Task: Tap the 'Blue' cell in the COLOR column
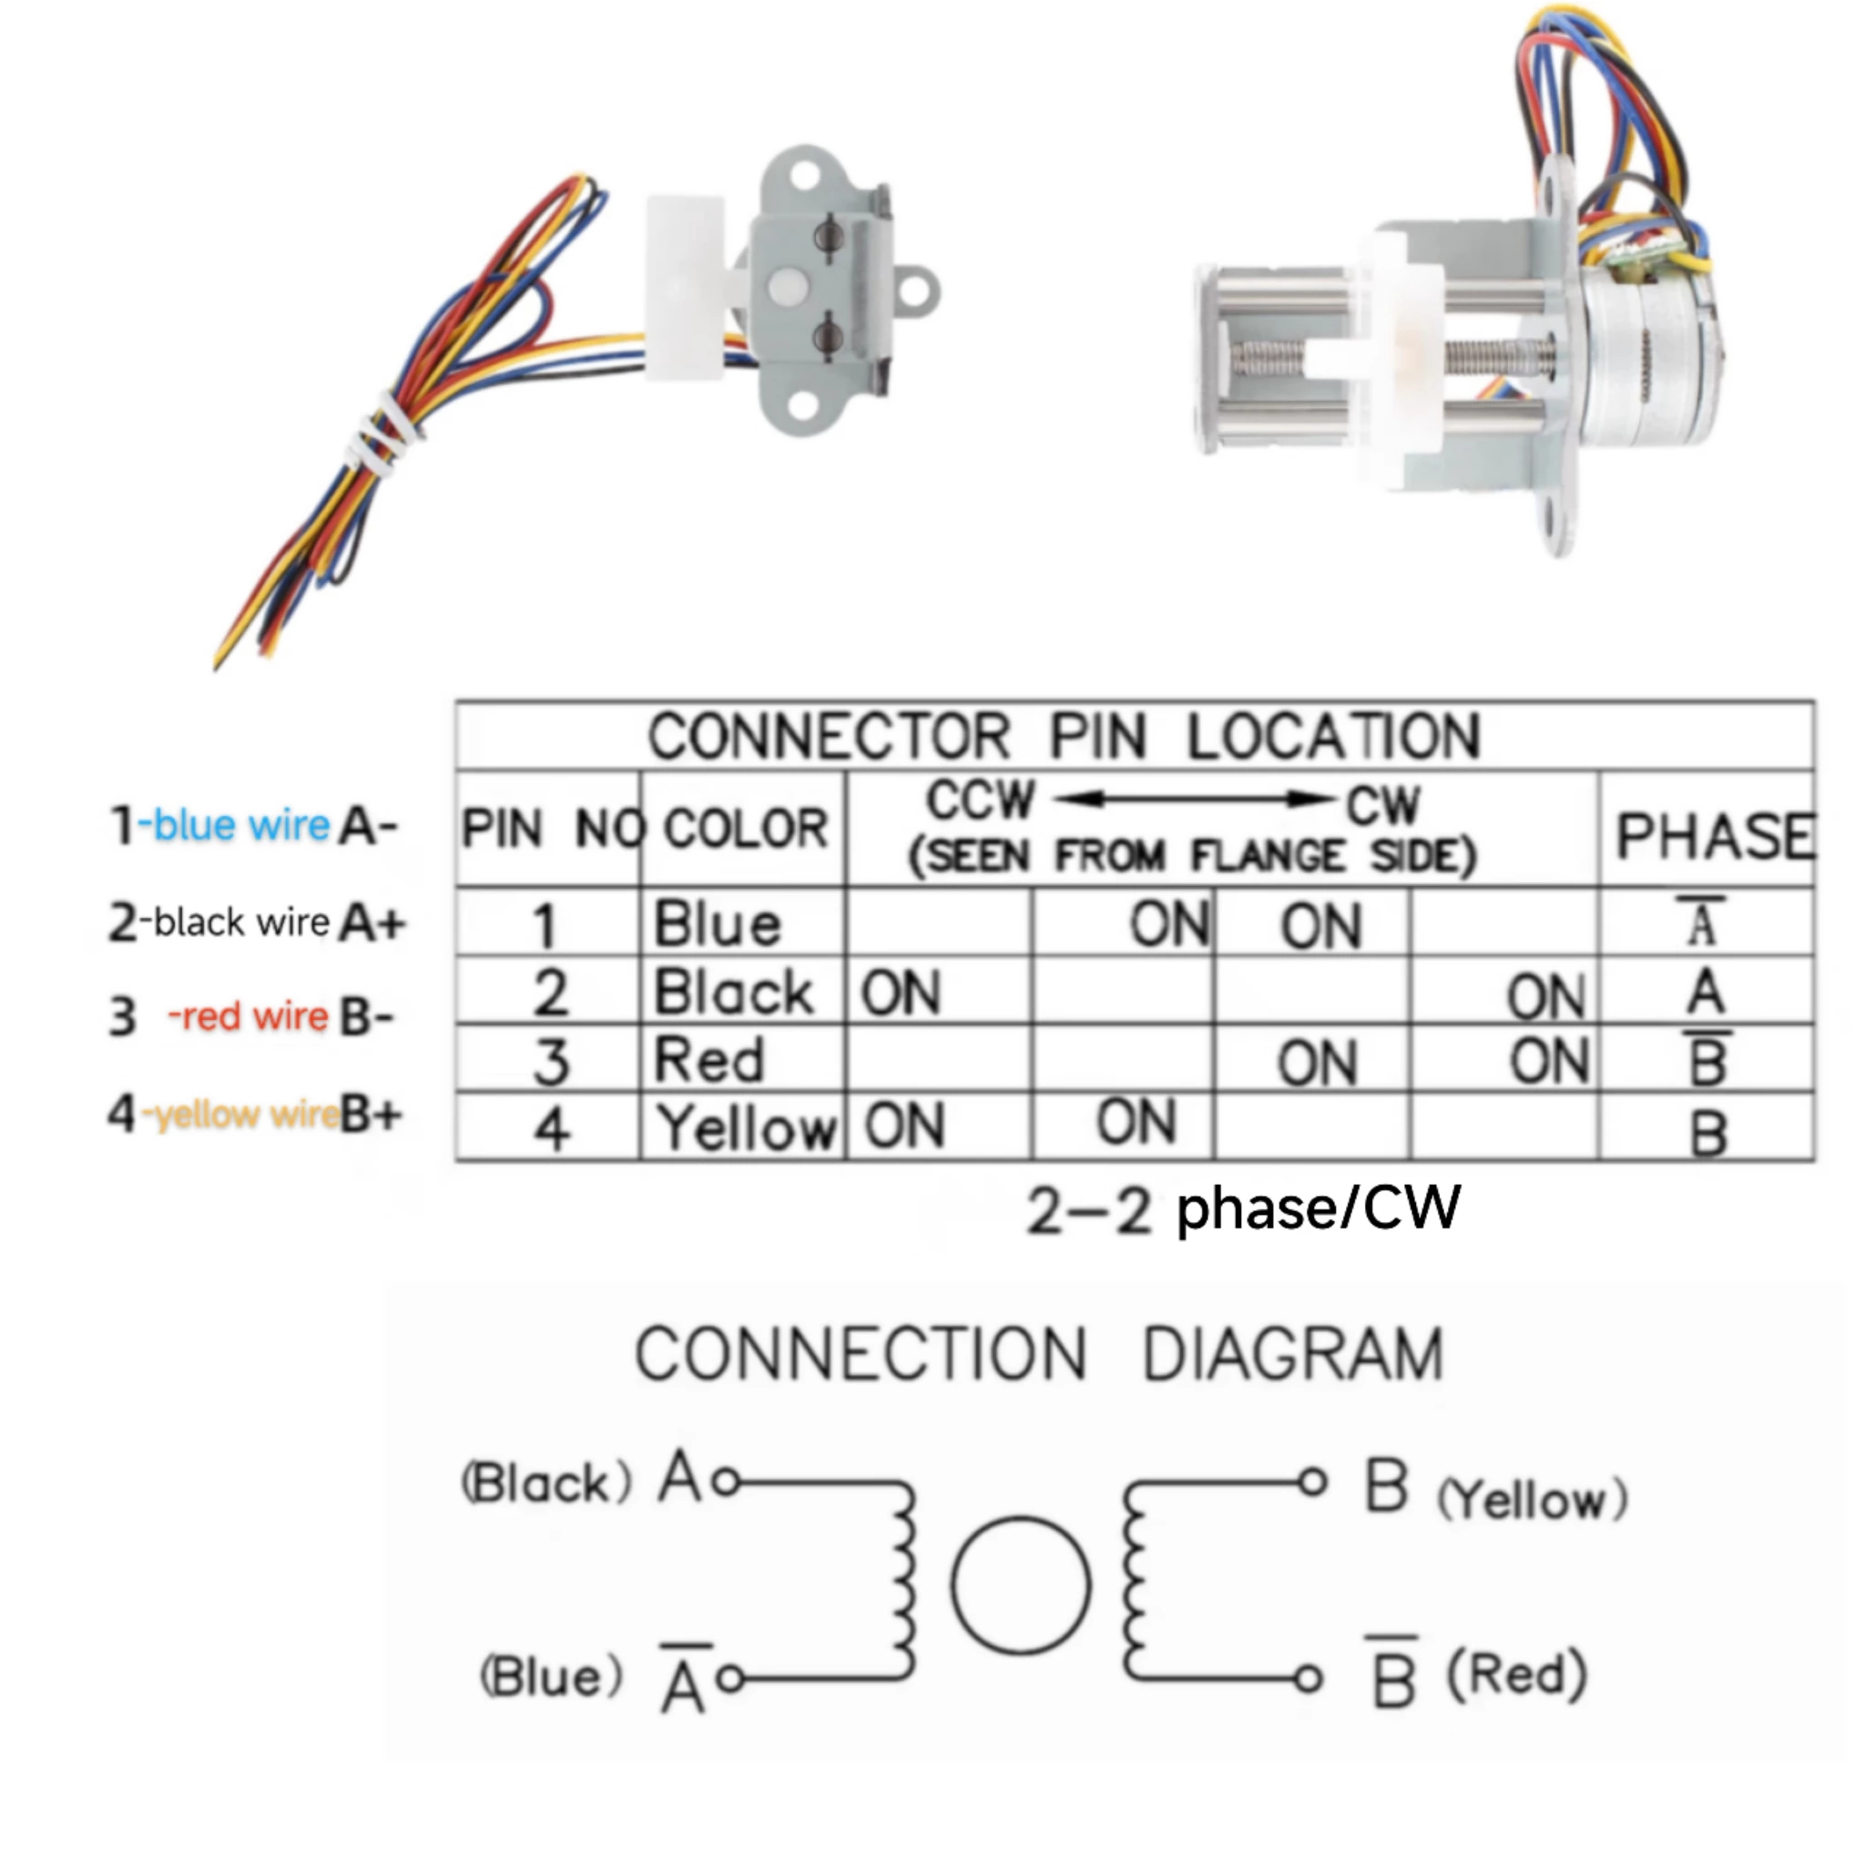coord(717,923)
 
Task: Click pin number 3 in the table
coord(550,1060)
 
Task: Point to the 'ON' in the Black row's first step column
coord(900,993)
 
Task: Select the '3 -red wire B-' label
coord(251,1016)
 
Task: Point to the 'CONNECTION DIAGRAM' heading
coord(1039,1353)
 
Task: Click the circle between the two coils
coord(1020,1585)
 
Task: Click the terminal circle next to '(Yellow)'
coord(1311,1482)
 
